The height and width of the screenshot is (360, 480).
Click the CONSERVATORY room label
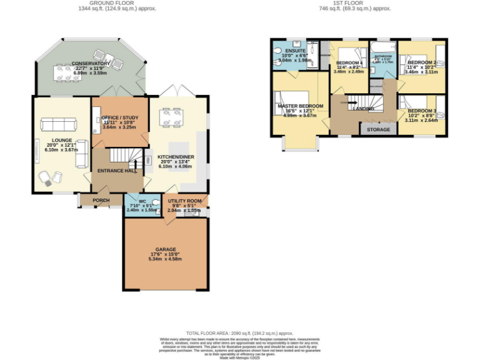click(91, 64)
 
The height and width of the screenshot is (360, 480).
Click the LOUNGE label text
click(62, 140)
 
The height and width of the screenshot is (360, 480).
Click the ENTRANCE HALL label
click(116, 170)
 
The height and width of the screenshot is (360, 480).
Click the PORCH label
click(101, 201)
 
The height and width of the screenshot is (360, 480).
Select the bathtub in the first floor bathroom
click(381, 47)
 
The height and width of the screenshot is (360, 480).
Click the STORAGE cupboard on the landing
click(378, 129)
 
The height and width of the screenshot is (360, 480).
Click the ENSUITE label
click(295, 51)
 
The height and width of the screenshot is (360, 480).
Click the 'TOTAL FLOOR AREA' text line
click(240, 334)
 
